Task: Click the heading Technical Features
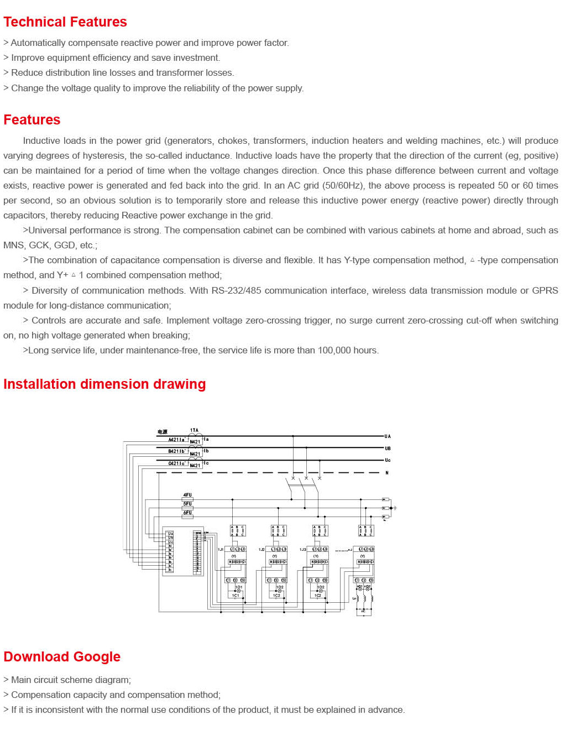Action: [65, 22]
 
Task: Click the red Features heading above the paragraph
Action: [32, 120]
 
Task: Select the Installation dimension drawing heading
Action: [104, 384]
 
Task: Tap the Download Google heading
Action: [62, 657]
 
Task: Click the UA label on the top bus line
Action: [388, 436]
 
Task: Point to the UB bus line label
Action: [388, 449]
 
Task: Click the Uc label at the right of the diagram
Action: [388, 460]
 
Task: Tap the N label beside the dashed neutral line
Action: [387, 473]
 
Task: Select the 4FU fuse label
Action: [187, 495]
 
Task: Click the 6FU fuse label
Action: [187, 513]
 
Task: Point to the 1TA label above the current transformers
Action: [194, 430]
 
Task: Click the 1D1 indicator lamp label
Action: [239, 587]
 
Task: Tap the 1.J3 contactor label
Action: [302, 550]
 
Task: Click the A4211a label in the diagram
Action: [176, 440]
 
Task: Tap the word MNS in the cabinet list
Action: [13, 245]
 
